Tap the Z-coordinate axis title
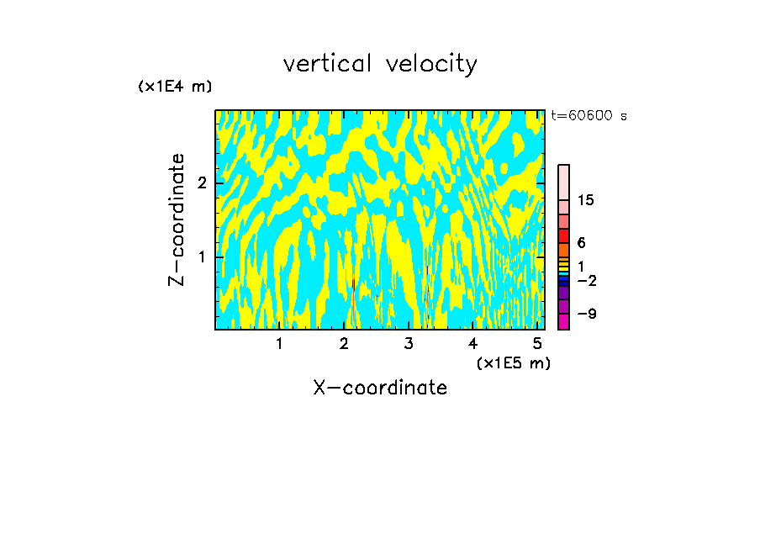point(177,219)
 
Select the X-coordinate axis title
point(380,388)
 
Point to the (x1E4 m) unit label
point(175,87)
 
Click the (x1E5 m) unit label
point(513,362)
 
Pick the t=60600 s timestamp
point(588,116)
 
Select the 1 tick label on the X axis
point(279,343)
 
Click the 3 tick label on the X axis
point(409,343)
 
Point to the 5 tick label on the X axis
point(537,343)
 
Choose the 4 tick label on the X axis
point(473,343)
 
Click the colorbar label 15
point(586,200)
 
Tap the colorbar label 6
point(581,242)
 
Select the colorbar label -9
point(586,314)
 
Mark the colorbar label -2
point(586,280)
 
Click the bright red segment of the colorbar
point(563,235)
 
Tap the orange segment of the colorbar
point(563,250)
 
